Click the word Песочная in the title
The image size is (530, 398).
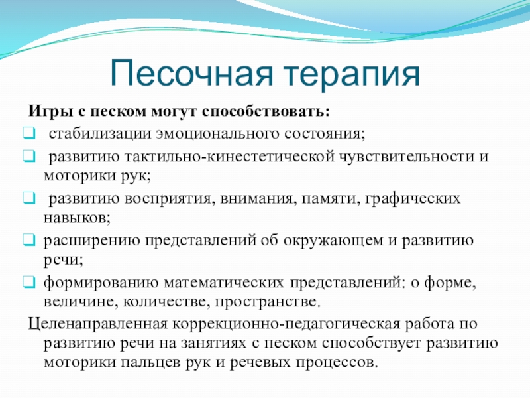(x=191, y=73)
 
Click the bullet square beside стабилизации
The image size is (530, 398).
(x=29, y=133)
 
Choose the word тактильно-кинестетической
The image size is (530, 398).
(x=229, y=157)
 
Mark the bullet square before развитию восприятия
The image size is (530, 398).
(x=29, y=198)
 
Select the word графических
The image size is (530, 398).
(x=413, y=198)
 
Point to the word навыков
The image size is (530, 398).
(x=77, y=218)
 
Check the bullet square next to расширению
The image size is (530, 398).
(x=29, y=239)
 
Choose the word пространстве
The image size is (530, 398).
(x=268, y=302)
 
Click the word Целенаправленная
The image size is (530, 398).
(x=97, y=324)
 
